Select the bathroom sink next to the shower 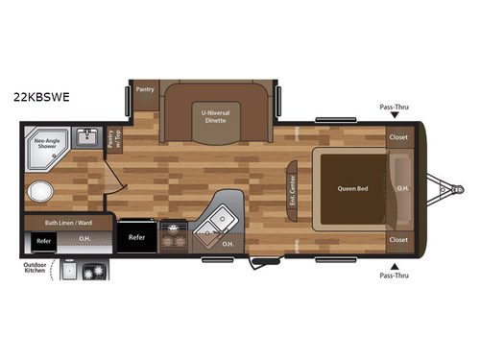tap(85, 137)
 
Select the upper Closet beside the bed tap(398, 137)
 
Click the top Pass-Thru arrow tap(395, 119)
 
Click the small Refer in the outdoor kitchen tap(42, 242)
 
